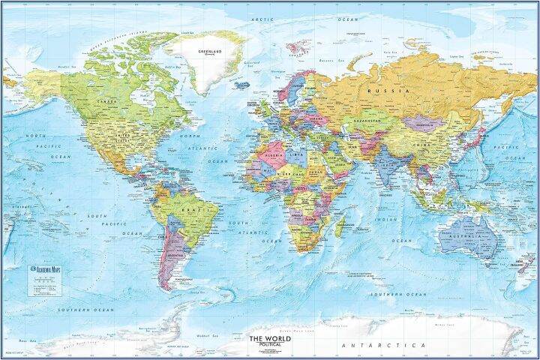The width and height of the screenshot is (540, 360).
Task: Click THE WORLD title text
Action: click(x=268, y=338)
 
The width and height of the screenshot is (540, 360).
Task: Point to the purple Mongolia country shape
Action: click(x=422, y=122)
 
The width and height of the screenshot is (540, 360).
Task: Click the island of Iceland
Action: click(x=242, y=85)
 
